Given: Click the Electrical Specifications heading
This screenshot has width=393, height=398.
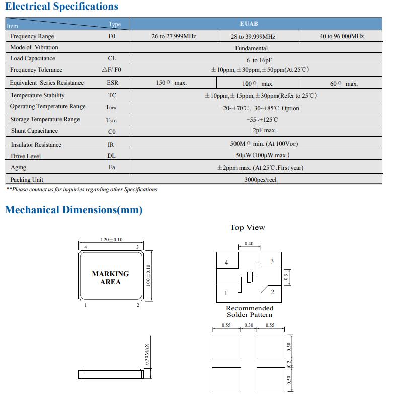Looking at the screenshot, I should pyautogui.click(x=61, y=7).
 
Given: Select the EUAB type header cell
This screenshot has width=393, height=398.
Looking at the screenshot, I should pyautogui.click(x=249, y=24).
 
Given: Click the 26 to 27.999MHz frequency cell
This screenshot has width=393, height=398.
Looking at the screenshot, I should pyautogui.click(x=174, y=36).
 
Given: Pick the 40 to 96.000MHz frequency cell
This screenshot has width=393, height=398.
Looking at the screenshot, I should pyautogui.click(x=341, y=36).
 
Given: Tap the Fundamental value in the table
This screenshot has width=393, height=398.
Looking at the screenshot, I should pyautogui.click(x=251, y=48).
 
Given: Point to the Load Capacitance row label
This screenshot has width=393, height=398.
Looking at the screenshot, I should pyautogui.click(x=33, y=58).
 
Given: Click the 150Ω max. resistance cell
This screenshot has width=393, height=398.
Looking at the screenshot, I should pyautogui.click(x=171, y=83).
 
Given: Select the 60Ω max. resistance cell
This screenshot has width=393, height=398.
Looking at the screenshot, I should pyautogui.click(x=344, y=84).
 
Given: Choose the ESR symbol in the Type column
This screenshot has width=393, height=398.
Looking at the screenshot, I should pyautogui.click(x=112, y=83).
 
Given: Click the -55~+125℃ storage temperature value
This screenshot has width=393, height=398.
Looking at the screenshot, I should pyautogui.click(x=262, y=120).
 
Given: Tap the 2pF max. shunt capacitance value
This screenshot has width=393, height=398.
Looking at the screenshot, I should pyautogui.click(x=264, y=131).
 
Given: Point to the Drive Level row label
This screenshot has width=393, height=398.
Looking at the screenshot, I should pyautogui.click(x=26, y=156).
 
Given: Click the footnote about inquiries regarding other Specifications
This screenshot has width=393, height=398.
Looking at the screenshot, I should pyautogui.click(x=82, y=190).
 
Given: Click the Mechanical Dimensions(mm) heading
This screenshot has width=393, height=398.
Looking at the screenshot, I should pyautogui.click(x=73, y=210).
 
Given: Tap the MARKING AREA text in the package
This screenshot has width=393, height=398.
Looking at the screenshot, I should pyautogui.click(x=110, y=278).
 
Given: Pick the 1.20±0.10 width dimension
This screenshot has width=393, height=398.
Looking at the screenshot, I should pyautogui.click(x=111, y=240).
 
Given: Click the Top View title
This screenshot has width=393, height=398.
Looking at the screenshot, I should pyautogui.click(x=247, y=228).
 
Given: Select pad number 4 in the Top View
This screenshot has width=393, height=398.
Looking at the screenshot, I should pyautogui.click(x=226, y=263).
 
